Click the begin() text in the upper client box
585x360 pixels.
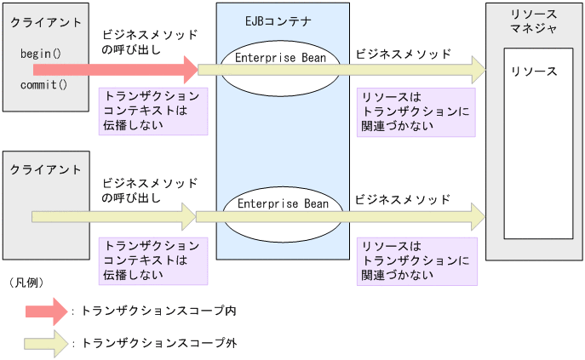pyautogui.click(x=39, y=54)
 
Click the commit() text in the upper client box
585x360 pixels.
pyautogui.click(x=43, y=85)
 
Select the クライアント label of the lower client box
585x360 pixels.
pyautogui.click(x=46, y=170)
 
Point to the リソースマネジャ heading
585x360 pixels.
pyautogui.click(x=534, y=22)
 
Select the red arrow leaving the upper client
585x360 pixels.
pyautogui.click(x=111, y=67)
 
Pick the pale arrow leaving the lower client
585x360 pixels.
pyautogui.click(x=111, y=217)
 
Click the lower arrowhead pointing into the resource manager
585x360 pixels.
pyautogui.click(x=477, y=217)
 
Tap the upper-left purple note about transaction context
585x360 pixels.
pyautogui.click(x=153, y=111)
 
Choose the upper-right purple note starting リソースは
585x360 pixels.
pyautogui.click(x=416, y=111)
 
